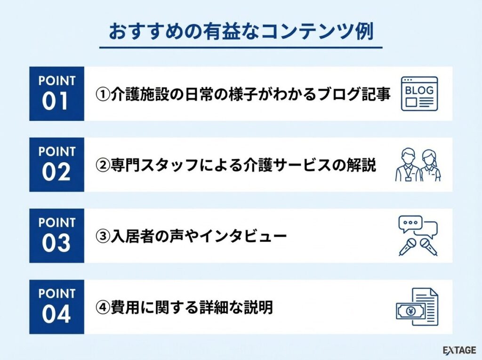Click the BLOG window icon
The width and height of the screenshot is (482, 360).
click(x=419, y=94)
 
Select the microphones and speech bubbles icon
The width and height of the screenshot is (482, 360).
click(x=418, y=236)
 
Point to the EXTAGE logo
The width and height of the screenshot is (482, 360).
click(x=459, y=350)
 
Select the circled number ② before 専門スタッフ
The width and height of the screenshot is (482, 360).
click(x=103, y=166)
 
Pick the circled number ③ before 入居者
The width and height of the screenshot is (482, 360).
click(x=103, y=236)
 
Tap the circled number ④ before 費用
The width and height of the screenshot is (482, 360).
click(x=103, y=308)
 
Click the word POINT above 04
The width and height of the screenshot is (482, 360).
click(x=56, y=294)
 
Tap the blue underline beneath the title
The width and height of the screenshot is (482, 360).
click(x=241, y=48)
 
